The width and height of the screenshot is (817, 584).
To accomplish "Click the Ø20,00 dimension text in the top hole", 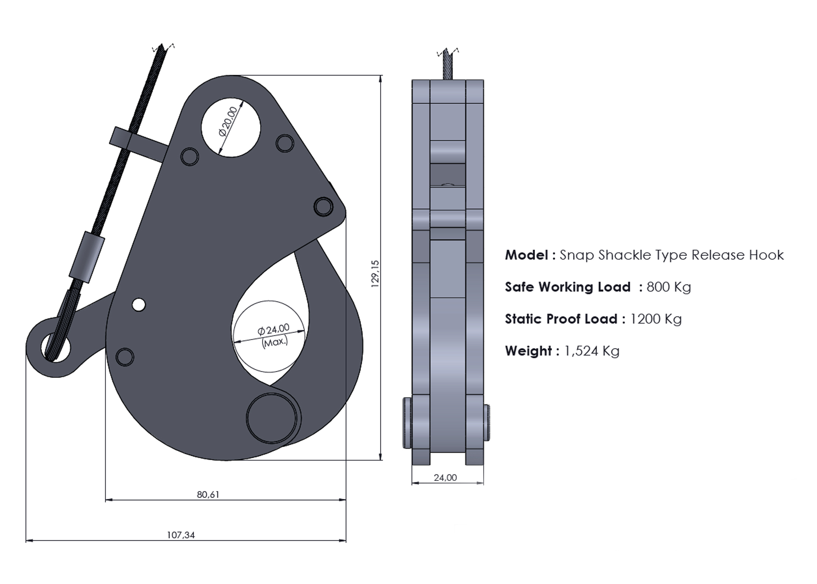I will [228, 121].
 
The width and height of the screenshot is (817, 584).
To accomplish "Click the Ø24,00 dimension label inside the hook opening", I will [274, 329].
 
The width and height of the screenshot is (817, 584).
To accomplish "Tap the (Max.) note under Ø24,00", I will [275, 342].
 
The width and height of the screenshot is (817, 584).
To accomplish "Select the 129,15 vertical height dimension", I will [375, 274].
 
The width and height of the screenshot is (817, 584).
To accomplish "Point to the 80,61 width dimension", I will [208, 494].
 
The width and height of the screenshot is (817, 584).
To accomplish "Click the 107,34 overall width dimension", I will [181, 535].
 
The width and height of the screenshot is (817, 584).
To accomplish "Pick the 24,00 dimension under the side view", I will [445, 478].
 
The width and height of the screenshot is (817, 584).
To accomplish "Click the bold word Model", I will [526, 255].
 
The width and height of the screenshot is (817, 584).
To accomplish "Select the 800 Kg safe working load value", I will [668, 287].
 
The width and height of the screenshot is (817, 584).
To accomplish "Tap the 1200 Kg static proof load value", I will [656, 319].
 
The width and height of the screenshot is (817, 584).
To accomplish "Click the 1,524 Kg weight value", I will [591, 351].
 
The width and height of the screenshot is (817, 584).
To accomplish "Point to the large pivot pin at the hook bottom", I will [271, 418].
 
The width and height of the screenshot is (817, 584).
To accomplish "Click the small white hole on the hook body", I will [139, 304].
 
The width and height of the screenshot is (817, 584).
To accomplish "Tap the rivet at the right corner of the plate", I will [323, 206].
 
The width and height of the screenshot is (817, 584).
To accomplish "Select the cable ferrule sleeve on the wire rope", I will [87, 257].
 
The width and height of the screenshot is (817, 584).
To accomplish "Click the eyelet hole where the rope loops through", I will [56, 348].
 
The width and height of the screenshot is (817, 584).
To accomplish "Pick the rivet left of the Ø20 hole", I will [189, 156].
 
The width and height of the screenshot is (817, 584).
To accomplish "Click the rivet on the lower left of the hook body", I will [124, 357].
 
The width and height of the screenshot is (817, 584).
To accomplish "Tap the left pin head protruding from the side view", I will [407, 422].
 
